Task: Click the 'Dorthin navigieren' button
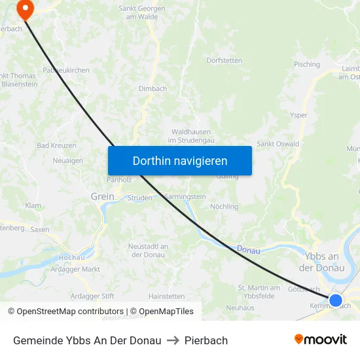tap(180, 160)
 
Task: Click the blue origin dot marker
tap(335, 300)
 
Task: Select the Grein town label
tap(102, 196)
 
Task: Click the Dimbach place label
tap(153, 88)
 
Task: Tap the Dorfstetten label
tap(224, 60)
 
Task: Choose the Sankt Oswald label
tap(278, 144)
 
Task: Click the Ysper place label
tap(298, 115)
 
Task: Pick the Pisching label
tap(307, 64)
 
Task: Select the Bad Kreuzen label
tap(56, 145)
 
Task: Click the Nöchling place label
tap(224, 206)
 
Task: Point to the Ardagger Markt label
tap(75, 268)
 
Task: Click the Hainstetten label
tap(167, 296)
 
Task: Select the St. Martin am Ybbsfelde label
tap(259, 291)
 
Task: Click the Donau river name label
tap(248, 249)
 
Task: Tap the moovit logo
tap(321, 340)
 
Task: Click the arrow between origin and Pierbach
tap(173, 340)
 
